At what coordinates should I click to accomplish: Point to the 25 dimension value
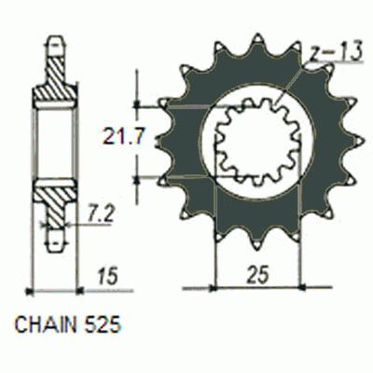[257, 274]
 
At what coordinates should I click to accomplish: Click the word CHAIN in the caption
[46, 325]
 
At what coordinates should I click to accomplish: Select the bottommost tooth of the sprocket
[257, 242]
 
